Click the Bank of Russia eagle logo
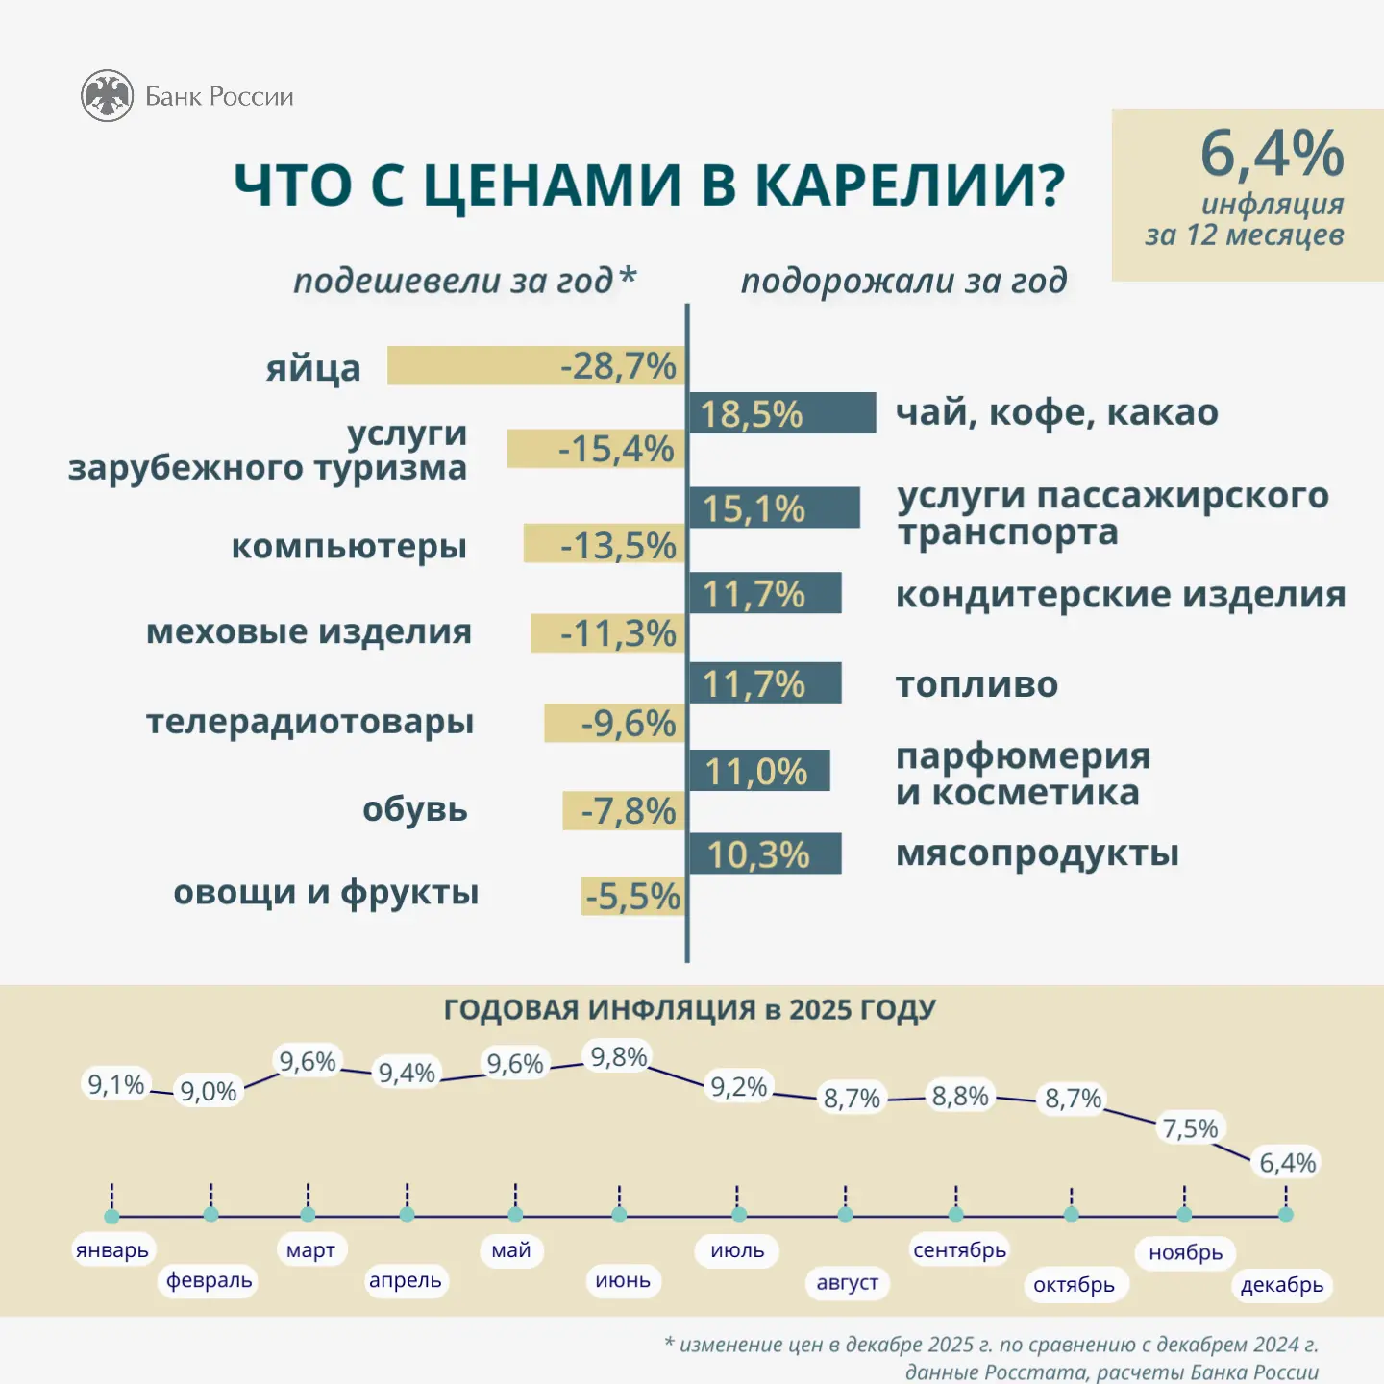pos(107,96)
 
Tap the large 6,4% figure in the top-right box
pos(1272,154)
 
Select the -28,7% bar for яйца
pos(535,366)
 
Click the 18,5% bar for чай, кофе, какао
pos(781,413)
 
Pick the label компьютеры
pos(349,546)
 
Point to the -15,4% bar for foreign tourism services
pos(596,449)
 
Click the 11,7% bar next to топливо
pos(764,683)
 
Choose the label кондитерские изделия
pos(1120,595)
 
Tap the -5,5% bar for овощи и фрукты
pos(633,896)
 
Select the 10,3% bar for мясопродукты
pos(764,853)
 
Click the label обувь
pos(414,809)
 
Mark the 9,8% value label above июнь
pos(618,1057)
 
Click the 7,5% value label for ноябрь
pos(1190,1128)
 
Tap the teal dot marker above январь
pos(111,1216)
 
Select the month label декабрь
pos(1281,1285)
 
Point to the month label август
pos(847,1282)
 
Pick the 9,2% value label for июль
pos(738,1087)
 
